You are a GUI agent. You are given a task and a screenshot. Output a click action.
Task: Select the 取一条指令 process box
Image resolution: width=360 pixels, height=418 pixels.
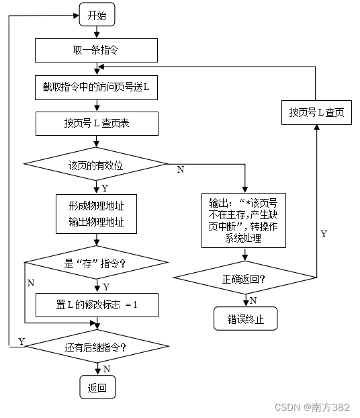pyautogui.click(x=96, y=50)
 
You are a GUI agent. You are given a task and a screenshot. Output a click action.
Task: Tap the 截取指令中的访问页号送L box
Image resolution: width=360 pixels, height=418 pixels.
pyautogui.click(x=96, y=87)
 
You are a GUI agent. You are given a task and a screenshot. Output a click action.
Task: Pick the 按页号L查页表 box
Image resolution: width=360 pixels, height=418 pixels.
pyautogui.click(x=97, y=124)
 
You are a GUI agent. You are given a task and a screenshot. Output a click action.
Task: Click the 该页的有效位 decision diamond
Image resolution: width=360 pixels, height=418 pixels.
pyautogui.click(x=95, y=164)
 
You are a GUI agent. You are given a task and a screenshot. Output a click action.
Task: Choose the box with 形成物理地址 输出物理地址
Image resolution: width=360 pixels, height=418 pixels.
pyautogui.click(x=96, y=213)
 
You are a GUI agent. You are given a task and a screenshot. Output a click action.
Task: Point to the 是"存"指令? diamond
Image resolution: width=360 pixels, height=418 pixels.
pyautogui.click(x=95, y=264)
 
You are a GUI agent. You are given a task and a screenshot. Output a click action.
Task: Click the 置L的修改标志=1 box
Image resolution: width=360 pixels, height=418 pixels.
pyautogui.click(x=96, y=304)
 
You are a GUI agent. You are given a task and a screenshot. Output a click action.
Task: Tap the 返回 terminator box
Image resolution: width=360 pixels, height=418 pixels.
pyautogui.click(x=97, y=388)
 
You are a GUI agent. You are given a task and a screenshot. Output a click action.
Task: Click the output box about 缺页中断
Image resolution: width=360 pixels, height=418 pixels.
pyautogui.click(x=244, y=220)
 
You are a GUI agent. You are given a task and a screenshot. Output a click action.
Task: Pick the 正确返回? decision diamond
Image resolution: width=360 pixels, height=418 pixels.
pyautogui.click(x=243, y=278)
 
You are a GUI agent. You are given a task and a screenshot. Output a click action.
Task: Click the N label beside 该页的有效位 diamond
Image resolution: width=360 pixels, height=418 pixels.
pyautogui.click(x=180, y=170)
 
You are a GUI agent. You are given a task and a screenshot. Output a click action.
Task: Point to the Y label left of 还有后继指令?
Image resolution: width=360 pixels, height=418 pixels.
pyautogui.click(x=21, y=342)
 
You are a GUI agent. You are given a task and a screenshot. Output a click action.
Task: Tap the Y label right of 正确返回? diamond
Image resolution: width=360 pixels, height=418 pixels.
pyautogui.click(x=324, y=234)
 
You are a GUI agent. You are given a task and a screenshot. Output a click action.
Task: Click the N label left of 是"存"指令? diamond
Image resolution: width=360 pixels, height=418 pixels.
pyautogui.click(x=30, y=283)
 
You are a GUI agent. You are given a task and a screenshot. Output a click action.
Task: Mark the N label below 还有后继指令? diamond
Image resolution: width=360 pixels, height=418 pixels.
pyautogui.click(x=107, y=369)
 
